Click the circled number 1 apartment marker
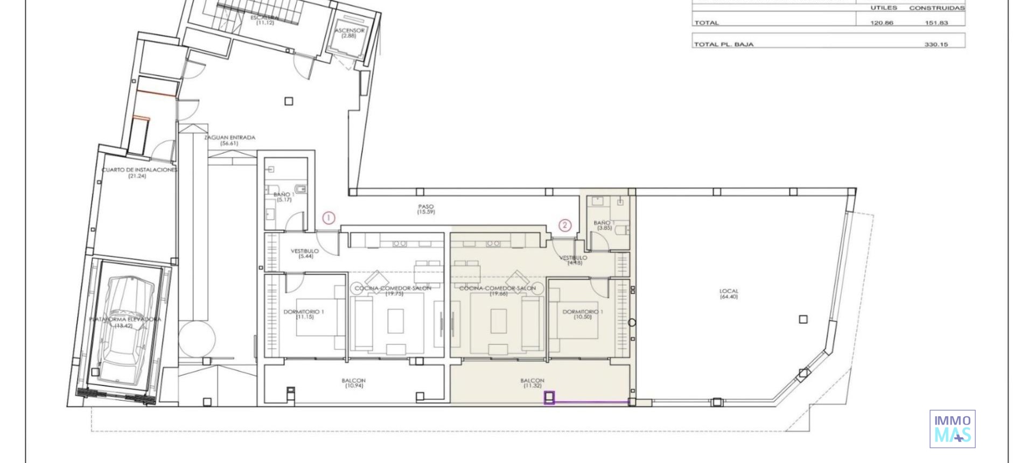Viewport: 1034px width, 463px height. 329,218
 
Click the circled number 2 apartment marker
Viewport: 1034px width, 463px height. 564,225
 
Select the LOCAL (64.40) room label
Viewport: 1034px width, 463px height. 729,294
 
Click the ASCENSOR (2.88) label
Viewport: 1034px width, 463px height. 349,33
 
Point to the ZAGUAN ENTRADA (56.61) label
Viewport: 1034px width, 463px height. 229,141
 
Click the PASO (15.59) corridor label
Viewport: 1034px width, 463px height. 425,209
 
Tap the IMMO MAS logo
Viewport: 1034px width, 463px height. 952,429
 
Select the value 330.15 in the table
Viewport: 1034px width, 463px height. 936,44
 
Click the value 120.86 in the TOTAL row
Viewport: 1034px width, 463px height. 882,23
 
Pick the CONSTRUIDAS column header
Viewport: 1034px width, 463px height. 937,8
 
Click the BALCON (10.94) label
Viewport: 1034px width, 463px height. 354,383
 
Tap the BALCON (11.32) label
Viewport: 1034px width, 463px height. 532,383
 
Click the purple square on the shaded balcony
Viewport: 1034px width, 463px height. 549,398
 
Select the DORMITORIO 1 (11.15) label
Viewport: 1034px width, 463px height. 304,314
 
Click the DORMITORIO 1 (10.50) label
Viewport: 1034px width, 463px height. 583,314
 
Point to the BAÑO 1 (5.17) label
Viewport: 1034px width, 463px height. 284,197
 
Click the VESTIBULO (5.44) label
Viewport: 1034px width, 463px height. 305,254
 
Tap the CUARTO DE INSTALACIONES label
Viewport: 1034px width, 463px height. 139,172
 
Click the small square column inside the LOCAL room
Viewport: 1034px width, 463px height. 803,319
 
